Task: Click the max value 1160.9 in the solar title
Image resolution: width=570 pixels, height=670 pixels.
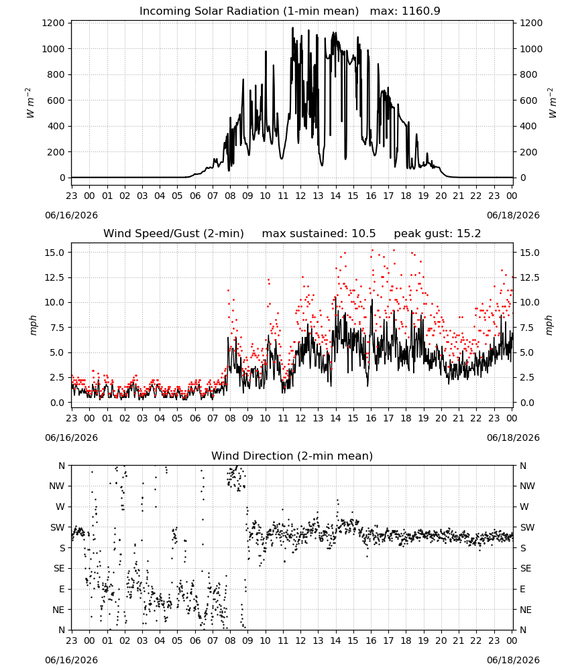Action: coord(420,11)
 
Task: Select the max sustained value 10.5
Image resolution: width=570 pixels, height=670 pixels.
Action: coord(363,233)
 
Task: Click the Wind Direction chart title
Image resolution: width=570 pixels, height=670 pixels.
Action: coord(292,456)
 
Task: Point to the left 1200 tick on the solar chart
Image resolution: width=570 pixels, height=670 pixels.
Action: coord(54,23)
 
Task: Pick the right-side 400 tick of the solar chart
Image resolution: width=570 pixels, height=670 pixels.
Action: coord(528,126)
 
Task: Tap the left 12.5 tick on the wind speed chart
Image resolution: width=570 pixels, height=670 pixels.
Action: coord(55,278)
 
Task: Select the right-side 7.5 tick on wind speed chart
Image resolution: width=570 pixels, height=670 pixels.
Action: coord(527,328)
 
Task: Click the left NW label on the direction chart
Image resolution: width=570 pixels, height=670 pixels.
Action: coord(57,486)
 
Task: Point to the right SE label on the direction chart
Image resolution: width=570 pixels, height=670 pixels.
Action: coord(526,568)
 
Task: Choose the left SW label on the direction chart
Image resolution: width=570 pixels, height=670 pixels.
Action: coord(58,527)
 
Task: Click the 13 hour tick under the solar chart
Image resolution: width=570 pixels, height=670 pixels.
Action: coord(318,196)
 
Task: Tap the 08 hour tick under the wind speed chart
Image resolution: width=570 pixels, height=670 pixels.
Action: coord(230,418)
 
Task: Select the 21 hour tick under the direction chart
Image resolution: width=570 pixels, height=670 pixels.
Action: coord(459,641)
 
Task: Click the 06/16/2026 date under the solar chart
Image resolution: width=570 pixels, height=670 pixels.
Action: coord(71,215)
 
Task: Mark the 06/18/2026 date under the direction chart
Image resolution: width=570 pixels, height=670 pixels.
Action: coord(513,660)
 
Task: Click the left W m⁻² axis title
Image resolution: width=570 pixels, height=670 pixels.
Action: coord(30,103)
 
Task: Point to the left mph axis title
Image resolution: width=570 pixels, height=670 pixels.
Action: coord(34,325)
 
